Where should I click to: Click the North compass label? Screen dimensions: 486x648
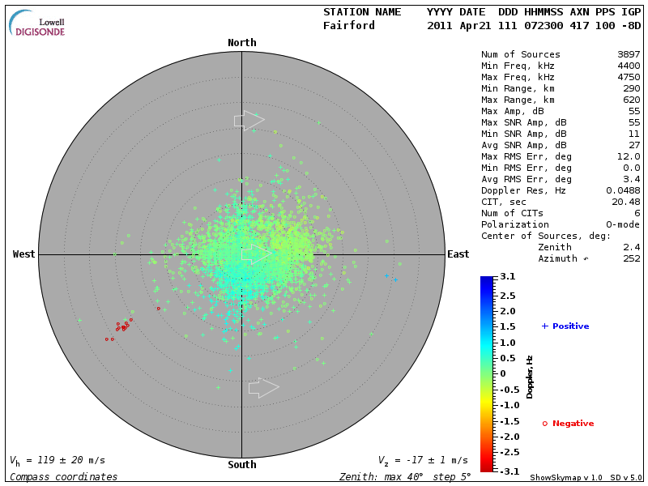pyautogui.click(x=241, y=43)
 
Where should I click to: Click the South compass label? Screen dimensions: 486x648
pyautogui.click(x=241, y=465)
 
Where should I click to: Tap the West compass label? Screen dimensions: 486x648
pyautogui.click(x=24, y=254)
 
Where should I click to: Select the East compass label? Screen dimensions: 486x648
pyautogui.click(x=458, y=254)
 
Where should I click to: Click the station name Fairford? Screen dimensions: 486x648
pyautogui.click(x=349, y=26)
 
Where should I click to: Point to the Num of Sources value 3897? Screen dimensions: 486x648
pyautogui.click(x=627, y=55)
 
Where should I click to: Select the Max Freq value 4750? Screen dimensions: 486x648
pyautogui.click(x=627, y=78)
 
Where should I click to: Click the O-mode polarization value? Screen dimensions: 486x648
pyautogui.click(x=621, y=224)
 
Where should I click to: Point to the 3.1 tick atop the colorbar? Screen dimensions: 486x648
pyautogui.click(x=507, y=277)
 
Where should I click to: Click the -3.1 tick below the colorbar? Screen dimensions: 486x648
pyautogui.click(x=507, y=471)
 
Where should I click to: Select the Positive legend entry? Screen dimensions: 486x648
pyautogui.click(x=565, y=326)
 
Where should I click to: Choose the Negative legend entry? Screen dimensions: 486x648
pyautogui.click(x=568, y=424)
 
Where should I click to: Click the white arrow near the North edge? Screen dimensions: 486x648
pyautogui.click(x=249, y=121)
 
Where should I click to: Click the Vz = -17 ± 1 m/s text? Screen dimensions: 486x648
pyautogui.click(x=423, y=460)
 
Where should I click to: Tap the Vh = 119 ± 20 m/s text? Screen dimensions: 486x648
pyautogui.click(x=58, y=460)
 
